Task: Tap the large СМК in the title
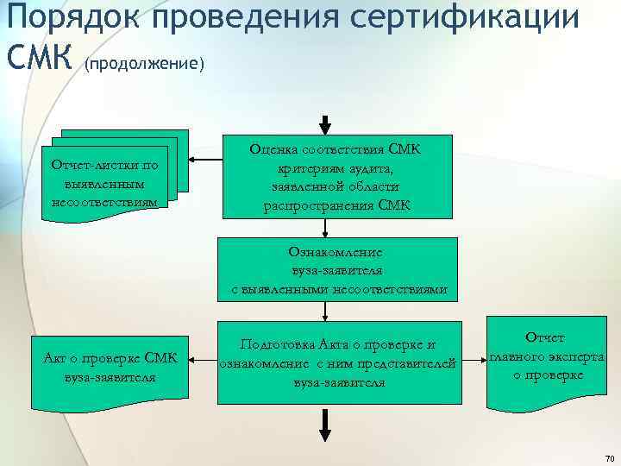(x=40, y=58)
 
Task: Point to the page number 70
(x=610, y=457)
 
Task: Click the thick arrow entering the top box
(x=325, y=124)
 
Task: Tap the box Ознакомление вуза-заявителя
(x=338, y=269)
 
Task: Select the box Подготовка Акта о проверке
(x=338, y=361)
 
